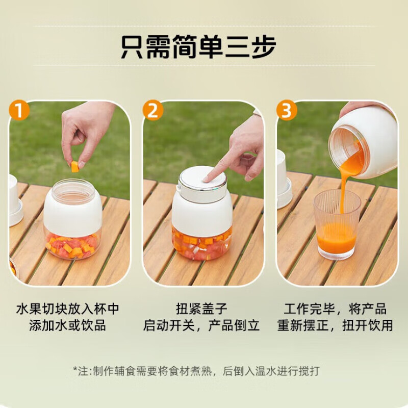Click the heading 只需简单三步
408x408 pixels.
[x=198, y=46]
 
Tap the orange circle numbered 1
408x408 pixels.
[x=19, y=111]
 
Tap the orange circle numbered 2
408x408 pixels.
[x=152, y=111]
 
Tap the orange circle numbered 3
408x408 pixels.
[x=286, y=111]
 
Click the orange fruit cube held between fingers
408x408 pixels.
[x=75, y=166]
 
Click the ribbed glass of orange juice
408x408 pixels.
[x=337, y=224]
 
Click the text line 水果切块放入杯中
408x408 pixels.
[x=68, y=309]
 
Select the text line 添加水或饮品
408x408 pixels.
[x=68, y=325]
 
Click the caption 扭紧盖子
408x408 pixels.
[x=202, y=309]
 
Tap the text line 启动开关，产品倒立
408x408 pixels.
[x=202, y=325]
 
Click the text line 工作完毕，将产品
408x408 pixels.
[x=335, y=309]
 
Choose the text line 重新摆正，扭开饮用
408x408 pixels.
[x=335, y=325]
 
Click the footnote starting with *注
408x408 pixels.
[x=196, y=371]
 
